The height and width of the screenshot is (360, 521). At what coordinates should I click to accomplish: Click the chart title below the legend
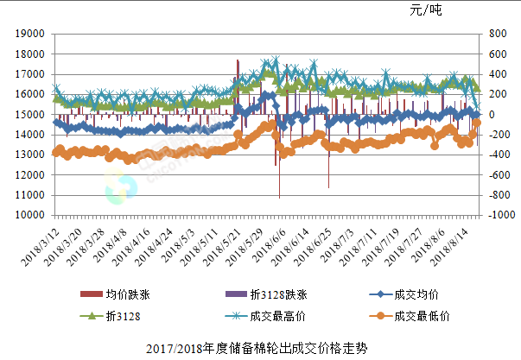click(258, 349)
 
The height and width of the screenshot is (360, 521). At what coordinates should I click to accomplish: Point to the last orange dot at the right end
click(476, 123)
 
